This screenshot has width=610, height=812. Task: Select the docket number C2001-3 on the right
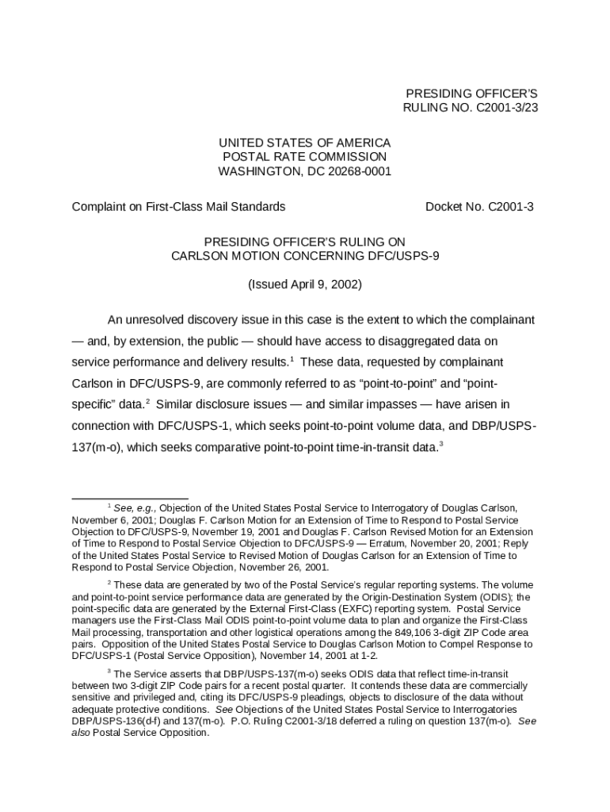(x=511, y=207)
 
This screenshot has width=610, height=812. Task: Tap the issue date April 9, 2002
(x=317, y=284)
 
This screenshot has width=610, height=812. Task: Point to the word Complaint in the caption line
(x=99, y=207)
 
